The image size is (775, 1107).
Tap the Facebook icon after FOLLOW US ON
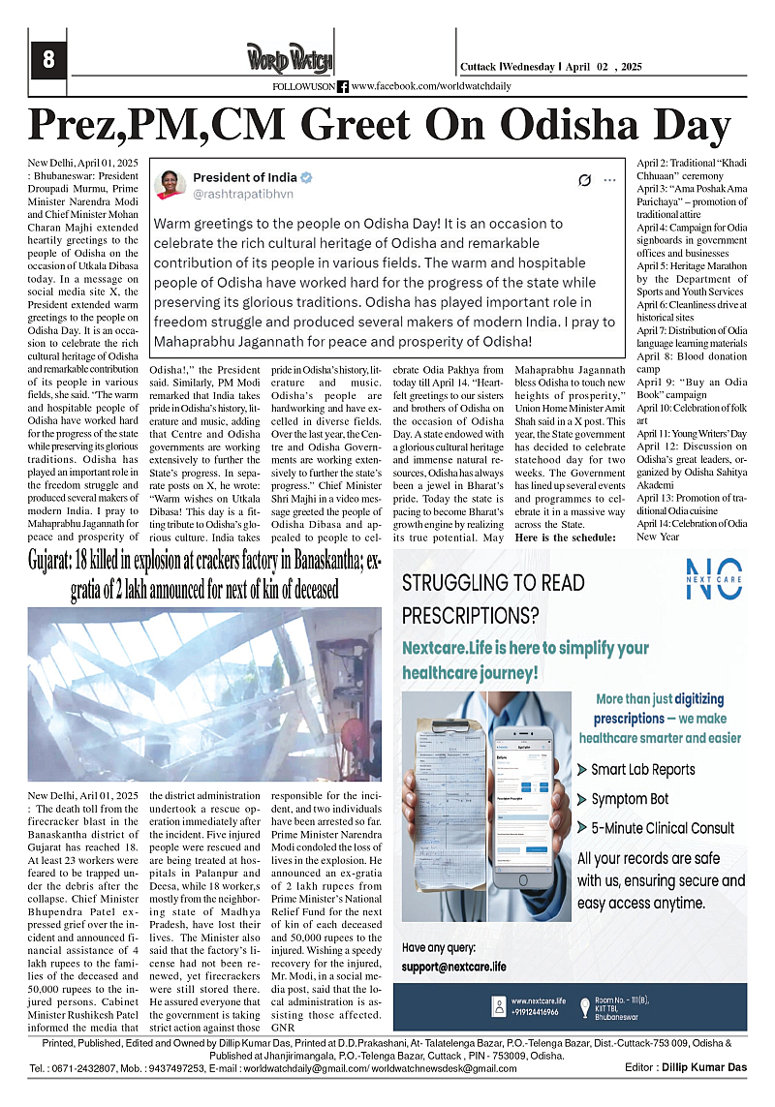[x=344, y=86]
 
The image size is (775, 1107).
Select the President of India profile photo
[x=170, y=185]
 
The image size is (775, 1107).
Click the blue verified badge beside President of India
[x=306, y=177]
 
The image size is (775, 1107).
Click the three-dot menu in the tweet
[x=609, y=180]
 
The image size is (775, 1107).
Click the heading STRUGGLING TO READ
[x=493, y=583]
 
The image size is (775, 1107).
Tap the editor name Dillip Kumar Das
[x=715, y=1067]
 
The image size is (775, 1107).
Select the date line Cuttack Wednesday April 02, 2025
[x=551, y=67]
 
